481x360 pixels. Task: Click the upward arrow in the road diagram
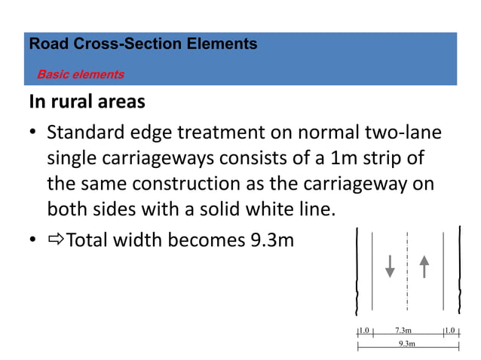[424, 267]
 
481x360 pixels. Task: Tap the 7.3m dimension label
[403, 331]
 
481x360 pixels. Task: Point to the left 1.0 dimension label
[364, 331]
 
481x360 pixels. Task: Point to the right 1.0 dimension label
[451, 331]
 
